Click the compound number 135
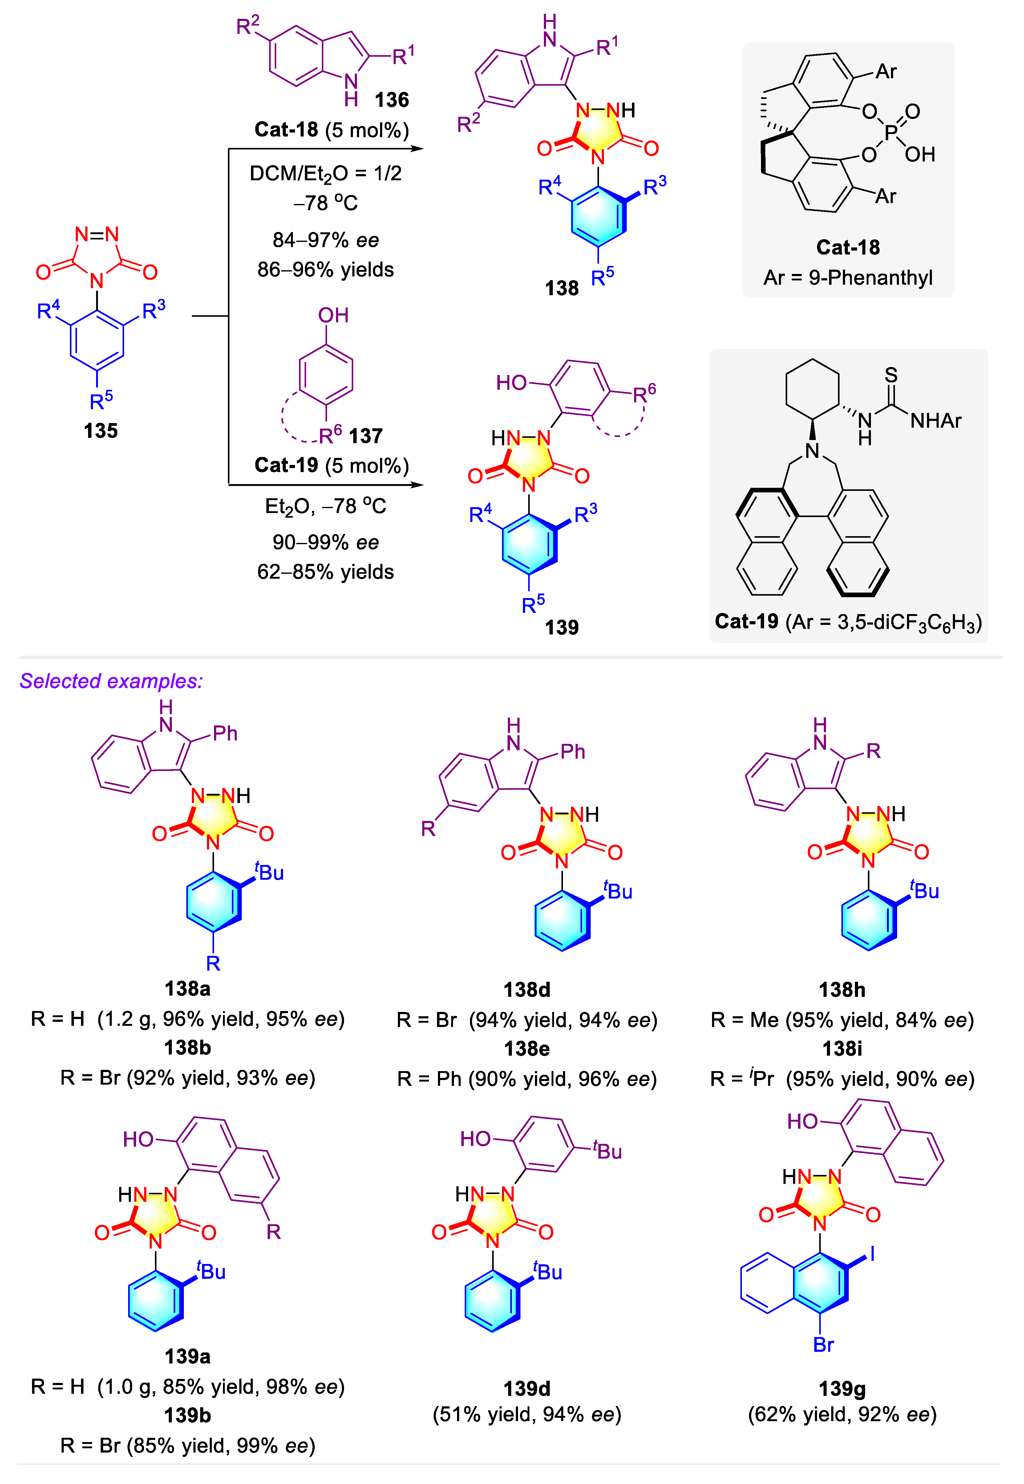(x=101, y=431)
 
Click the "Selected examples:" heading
(x=111, y=681)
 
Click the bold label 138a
(x=187, y=989)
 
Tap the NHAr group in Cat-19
(x=936, y=421)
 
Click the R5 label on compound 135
(x=101, y=401)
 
